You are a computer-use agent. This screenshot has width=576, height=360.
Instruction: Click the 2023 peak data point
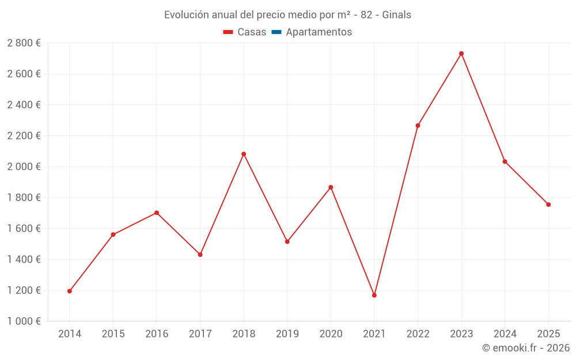point(461,54)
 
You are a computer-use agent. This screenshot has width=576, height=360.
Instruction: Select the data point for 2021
point(374,295)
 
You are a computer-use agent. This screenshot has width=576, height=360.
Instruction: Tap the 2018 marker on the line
point(244,154)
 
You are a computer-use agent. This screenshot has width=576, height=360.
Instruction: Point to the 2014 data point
point(70,291)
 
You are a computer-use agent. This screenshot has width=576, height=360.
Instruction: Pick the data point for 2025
point(548,204)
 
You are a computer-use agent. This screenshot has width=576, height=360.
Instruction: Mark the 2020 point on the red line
point(331,187)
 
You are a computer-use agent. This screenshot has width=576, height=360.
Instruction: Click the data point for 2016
point(157,213)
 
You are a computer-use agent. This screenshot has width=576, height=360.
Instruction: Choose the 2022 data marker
point(418,126)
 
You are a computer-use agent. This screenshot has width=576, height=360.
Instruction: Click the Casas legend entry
point(245,32)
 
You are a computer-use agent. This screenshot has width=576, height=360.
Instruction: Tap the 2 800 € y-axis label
point(24,43)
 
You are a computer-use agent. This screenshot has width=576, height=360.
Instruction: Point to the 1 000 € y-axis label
point(24,321)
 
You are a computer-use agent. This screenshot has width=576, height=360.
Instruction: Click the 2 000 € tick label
point(24,166)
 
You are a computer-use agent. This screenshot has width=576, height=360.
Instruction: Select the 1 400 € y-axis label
point(24,259)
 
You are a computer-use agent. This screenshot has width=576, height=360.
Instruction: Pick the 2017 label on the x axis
point(200,334)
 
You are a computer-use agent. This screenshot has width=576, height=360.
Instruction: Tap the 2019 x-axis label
point(287,334)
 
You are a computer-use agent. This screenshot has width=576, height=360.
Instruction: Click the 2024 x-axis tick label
point(505,334)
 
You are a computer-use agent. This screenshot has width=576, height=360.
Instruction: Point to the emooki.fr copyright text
point(526,348)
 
